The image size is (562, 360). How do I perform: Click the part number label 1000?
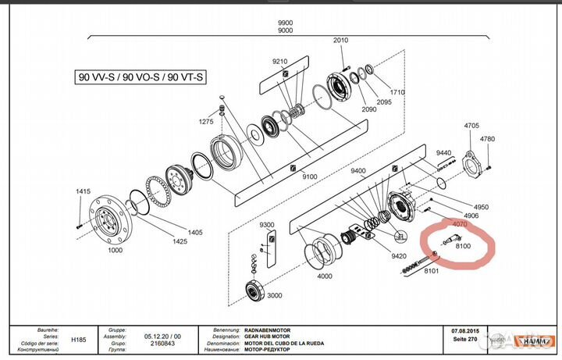115,251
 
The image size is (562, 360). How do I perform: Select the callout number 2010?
340,41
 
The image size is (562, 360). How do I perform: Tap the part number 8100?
463,247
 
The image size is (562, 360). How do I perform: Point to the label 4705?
471,125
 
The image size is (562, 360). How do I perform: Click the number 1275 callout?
205,122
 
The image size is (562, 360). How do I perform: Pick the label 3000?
275,296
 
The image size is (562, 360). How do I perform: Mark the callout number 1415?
84,191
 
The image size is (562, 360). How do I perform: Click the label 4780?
488,139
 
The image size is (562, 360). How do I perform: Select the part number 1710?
398,93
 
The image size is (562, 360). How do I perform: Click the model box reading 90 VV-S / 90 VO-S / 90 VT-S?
140,77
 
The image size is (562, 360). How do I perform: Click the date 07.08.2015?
461,331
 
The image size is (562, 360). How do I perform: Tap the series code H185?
79,340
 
